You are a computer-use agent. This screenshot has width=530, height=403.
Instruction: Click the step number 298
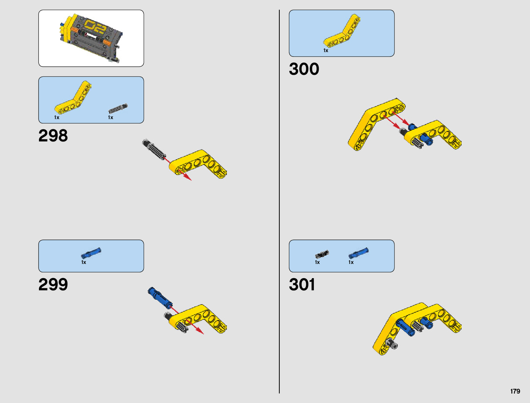coord(53,136)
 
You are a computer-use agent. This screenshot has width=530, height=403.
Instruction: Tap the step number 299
coord(53,285)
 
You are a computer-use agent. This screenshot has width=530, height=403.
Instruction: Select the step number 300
coord(304,69)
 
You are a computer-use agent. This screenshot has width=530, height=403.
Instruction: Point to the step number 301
coord(302,285)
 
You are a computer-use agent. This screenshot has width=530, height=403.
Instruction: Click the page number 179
coord(515,391)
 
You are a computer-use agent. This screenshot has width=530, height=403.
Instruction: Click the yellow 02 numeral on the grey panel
coord(96,27)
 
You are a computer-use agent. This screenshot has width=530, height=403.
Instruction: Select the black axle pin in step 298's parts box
coord(118,109)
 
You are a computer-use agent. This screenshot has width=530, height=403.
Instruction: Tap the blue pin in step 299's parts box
coord(91,253)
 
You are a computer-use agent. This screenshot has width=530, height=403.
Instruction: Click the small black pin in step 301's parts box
coord(322,254)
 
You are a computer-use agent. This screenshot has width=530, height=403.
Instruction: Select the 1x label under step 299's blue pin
coord(84,262)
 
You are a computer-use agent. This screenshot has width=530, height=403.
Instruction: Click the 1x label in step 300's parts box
coord(326,50)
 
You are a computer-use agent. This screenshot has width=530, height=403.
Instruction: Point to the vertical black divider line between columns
coord(279,203)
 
